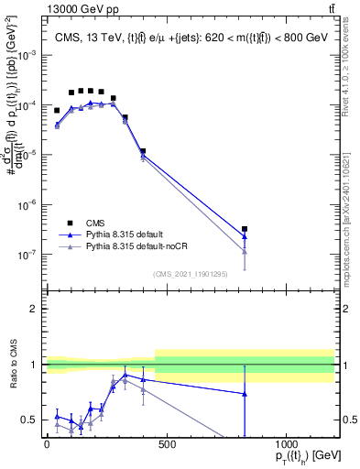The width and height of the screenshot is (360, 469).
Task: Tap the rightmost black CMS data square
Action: coord(245,229)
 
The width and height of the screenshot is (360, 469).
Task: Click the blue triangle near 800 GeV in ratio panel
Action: coord(245,394)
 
